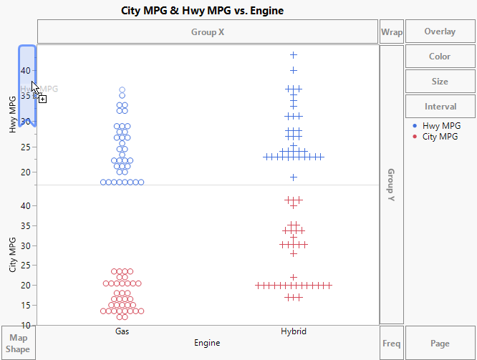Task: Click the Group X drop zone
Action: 208,32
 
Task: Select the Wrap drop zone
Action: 392,32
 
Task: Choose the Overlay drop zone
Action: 440,32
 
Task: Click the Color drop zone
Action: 440,57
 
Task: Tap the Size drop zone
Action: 440,82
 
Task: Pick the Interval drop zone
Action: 440,107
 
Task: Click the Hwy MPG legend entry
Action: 441,126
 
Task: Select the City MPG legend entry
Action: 440,136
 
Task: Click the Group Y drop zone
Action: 392,185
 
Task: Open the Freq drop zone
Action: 392,344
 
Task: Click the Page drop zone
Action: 440,344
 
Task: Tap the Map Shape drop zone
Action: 18,344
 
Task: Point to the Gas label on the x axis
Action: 122,332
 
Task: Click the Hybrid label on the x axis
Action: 294,332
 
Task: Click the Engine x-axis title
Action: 207,344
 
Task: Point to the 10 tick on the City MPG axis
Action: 26,325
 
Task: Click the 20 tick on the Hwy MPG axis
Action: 26,172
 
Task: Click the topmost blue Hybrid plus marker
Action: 294,54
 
